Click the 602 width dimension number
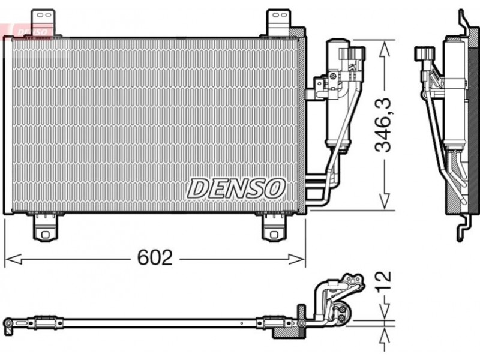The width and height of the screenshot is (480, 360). (155, 257)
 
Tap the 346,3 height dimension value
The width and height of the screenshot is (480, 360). (383, 125)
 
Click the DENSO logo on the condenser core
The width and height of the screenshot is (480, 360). (236, 188)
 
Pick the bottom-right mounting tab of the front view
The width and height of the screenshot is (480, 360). (274, 227)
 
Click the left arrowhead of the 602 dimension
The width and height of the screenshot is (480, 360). (13, 259)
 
